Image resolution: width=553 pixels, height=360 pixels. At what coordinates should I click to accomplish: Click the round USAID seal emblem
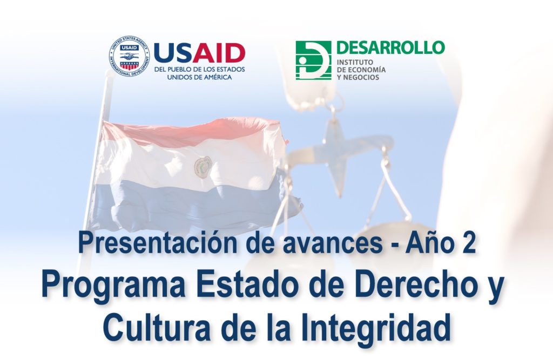pos(130,57)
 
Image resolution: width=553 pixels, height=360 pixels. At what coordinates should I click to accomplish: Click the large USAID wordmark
pos(199,53)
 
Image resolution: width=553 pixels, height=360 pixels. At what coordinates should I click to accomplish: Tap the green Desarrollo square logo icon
pos(313,60)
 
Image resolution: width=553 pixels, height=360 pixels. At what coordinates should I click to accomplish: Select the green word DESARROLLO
pos(390,47)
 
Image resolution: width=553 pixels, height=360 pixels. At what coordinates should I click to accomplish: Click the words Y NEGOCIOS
pos(358,77)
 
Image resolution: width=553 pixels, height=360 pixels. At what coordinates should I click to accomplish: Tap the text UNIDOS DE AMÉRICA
pos(199,77)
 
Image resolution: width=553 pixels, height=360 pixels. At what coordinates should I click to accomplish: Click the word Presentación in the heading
pos(158,243)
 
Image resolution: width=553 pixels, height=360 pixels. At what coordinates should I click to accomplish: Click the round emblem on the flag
pos(203,166)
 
